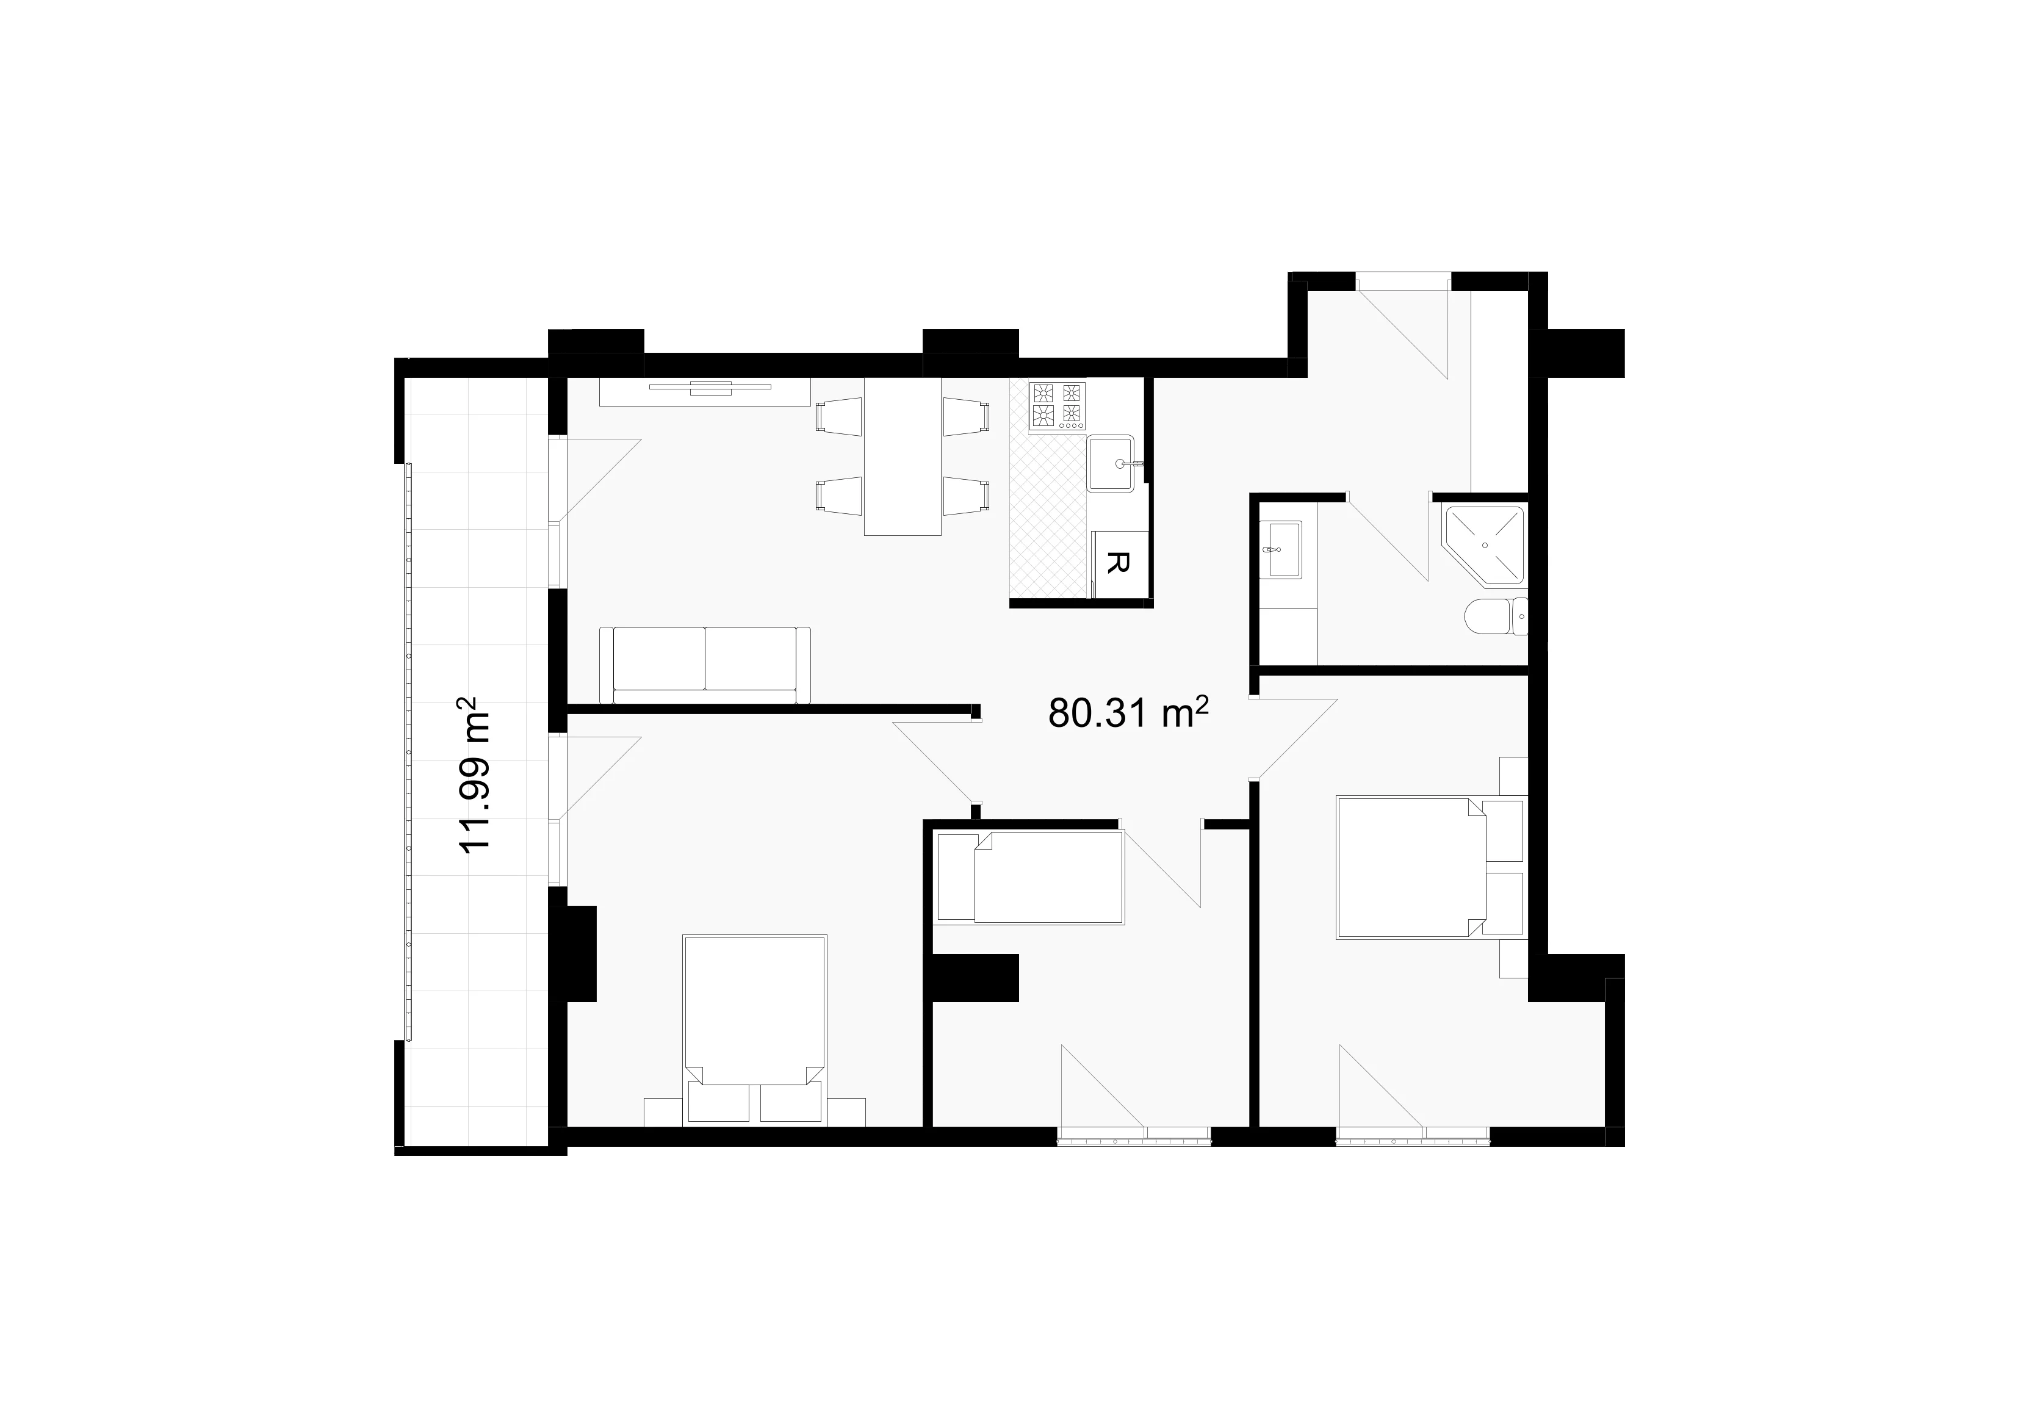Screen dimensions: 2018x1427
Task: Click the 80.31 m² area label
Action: pyautogui.click(x=1128, y=712)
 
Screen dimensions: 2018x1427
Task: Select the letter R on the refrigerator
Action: pyautogui.click(x=1116, y=563)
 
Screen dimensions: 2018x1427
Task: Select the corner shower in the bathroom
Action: pyautogui.click(x=1483, y=545)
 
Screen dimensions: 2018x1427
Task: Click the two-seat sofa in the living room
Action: pyautogui.click(x=704, y=665)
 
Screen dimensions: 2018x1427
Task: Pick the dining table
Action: pyautogui.click(x=903, y=457)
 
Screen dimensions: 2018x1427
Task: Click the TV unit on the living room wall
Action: pyautogui.click(x=705, y=392)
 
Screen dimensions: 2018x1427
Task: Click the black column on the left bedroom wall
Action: pyautogui.click(x=573, y=954)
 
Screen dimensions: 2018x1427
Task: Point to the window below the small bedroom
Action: pyautogui.click(x=1134, y=1136)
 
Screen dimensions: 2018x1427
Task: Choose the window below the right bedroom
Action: pyautogui.click(x=1413, y=1136)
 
